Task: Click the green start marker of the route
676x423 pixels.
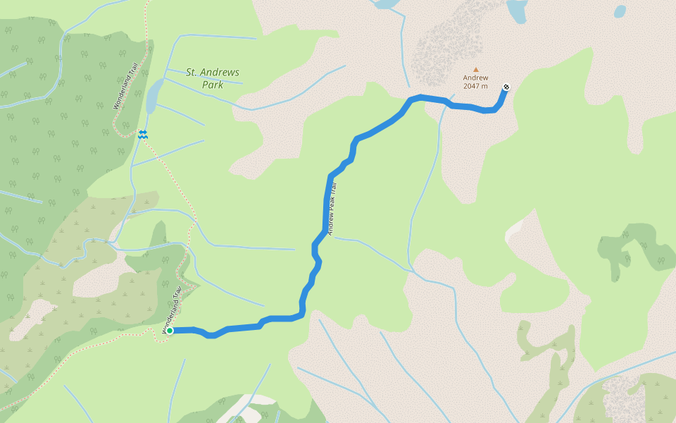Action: pos(170,330)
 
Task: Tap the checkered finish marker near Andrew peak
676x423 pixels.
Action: pos(506,87)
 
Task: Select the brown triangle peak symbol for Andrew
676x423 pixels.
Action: pos(476,69)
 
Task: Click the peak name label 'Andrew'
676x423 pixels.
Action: pos(476,78)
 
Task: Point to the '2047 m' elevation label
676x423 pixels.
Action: pos(476,87)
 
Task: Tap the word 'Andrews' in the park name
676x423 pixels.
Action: pos(222,72)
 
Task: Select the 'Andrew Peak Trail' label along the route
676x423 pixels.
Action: pos(334,208)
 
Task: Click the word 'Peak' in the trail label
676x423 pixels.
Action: pos(334,208)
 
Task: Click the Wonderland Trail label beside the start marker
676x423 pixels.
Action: pos(173,309)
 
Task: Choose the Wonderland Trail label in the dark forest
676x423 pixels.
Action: pos(125,87)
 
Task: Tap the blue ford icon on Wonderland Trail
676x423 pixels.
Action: pos(143,133)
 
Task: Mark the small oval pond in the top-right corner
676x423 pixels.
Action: pos(620,11)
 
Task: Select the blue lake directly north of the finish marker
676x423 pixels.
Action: pos(518,11)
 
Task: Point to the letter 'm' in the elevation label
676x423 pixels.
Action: pos(484,87)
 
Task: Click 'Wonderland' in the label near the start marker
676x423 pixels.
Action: pos(170,315)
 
